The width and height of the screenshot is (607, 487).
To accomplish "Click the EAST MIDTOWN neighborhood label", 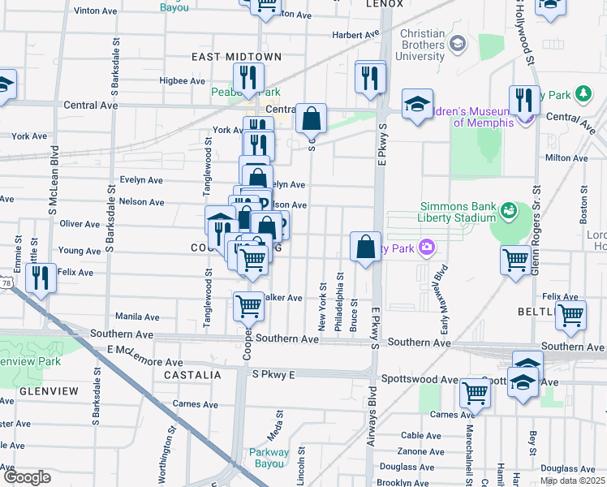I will [236, 57].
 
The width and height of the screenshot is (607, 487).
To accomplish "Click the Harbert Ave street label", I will [355, 35].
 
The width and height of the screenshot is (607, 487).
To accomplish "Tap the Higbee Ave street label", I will [183, 81].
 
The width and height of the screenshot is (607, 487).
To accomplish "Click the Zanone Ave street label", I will [421, 451].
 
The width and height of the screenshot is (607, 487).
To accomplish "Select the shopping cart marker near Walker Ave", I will [248, 306].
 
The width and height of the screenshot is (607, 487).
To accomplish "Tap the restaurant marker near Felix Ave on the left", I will [40, 277].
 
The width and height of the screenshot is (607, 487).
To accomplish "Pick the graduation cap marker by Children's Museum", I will [417, 104].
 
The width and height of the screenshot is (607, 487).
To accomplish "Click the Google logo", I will [27, 477].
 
